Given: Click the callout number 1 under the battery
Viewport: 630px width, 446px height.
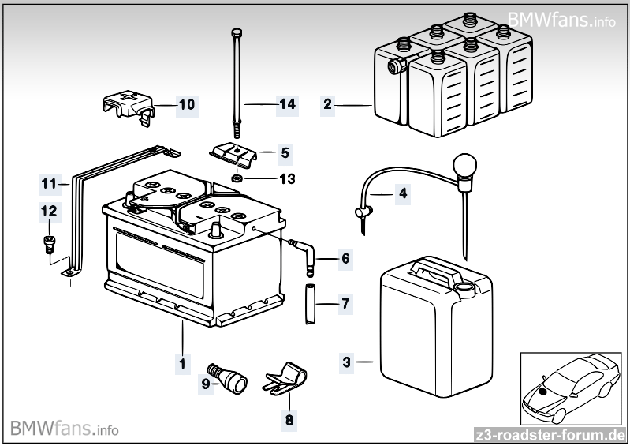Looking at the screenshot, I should click(182, 364).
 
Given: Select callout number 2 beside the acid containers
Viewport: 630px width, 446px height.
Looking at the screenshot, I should click(328, 103).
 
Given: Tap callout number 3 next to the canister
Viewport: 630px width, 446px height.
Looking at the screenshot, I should click(347, 362).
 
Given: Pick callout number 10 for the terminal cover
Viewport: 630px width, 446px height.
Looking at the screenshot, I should click(186, 103).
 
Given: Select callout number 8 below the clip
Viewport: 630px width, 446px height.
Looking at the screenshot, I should click(289, 420).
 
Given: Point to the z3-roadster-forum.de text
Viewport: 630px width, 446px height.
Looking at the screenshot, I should click(550, 435).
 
